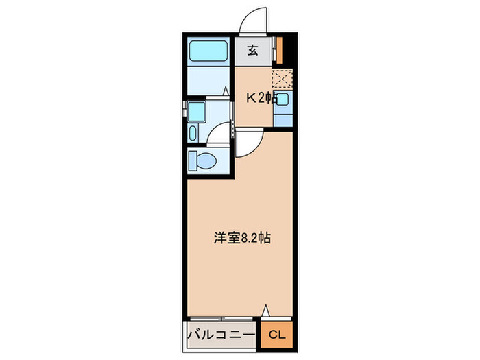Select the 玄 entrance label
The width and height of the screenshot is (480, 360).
click(252, 50)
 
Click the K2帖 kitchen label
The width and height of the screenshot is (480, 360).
click(262, 98)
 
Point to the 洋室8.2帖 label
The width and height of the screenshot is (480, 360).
click(241, 239)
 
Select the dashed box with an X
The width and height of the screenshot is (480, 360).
click(283, 80)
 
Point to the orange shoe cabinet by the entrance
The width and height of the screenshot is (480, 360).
click(278, 49)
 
